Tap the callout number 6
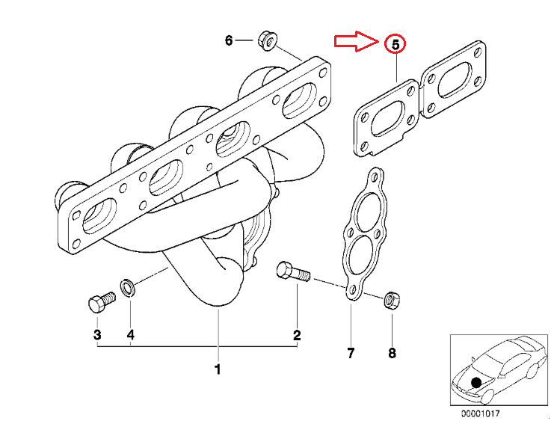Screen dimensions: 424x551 pos(229,40)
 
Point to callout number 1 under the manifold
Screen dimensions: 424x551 pos(218,369)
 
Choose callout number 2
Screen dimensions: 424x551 pos(297,334)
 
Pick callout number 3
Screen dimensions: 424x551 pos(96,334)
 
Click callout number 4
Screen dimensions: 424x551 pos(130,334)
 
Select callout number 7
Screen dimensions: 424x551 pos(350,351)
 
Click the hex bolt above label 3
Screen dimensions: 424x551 pos(98,303)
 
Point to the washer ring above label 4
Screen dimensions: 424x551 pos(128,286)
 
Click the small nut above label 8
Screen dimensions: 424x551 pos(390,301)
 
